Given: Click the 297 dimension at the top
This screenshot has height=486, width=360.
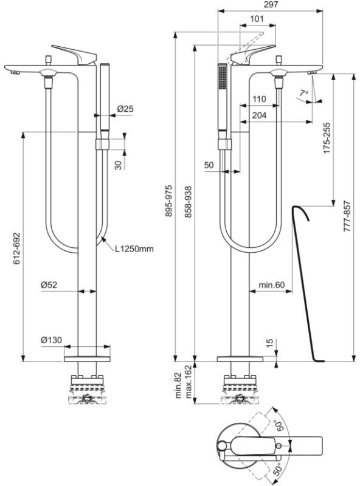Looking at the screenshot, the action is (x=271, y=5).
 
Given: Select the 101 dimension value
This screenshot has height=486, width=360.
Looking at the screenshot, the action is (x=257, y=19).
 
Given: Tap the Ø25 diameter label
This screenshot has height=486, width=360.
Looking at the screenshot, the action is (x=125, y=109).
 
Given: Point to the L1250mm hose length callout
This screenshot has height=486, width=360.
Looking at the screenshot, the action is (x=134, y=248).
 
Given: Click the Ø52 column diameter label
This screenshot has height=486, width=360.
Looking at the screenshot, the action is (x=49, y=284).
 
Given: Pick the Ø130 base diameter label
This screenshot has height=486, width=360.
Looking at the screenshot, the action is (x=52, y=340).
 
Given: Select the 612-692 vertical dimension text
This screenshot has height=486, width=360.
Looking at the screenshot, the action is (x=16, y=248).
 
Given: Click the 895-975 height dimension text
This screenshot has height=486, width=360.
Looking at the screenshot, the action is (x=169, y=201).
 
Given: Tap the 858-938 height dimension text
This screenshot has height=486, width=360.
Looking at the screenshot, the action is (x=189, y=202).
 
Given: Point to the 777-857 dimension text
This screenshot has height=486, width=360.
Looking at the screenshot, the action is (x=347, y=216).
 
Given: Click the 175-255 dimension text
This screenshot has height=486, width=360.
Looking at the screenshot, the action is (x=327, y=139).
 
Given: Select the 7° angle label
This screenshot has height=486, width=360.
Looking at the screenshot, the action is (x=304, y=92).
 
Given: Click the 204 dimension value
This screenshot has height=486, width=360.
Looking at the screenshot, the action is (x=259, y=115).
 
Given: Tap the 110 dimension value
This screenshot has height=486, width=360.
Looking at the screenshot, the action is (x=259, y=99).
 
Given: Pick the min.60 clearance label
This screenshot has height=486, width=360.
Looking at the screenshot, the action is (x=272, y=284).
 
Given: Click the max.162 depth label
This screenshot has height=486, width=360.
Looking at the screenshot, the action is (x=189, y=382).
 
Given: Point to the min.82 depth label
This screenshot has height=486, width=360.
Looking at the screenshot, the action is (x=178, y=385).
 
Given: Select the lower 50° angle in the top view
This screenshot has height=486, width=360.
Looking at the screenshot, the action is (x=279, y=468).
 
